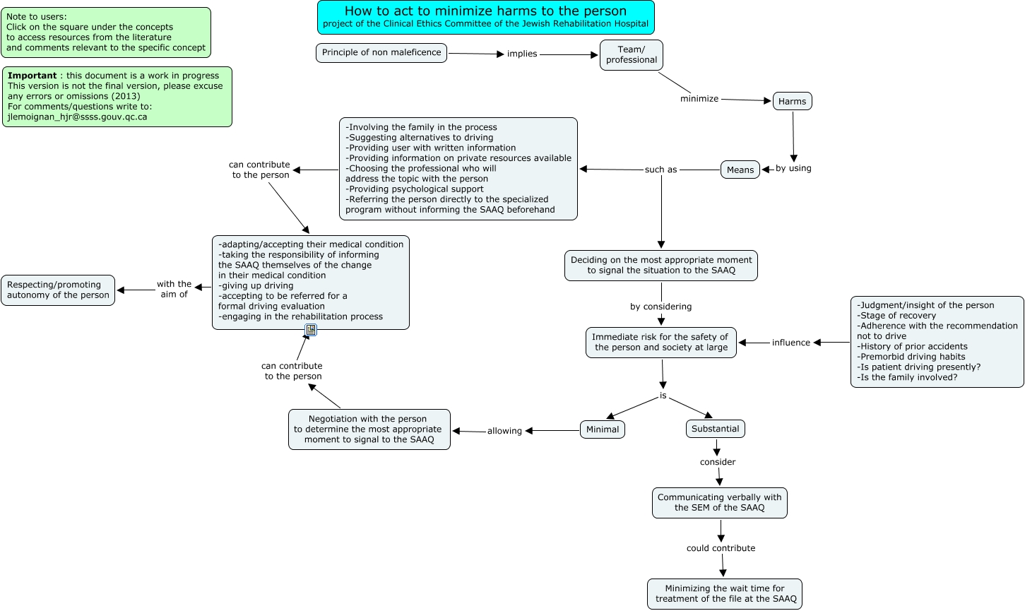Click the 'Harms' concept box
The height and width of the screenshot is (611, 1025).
pyautogui.click(x=792, y=101)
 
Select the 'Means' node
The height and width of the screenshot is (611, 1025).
pyautogui.click(x=740, y=170)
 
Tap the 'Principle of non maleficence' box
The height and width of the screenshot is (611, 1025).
pyautogui.click(x=381, y=53)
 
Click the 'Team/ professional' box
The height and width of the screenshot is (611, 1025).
pyautogui.click(x=631, y=55)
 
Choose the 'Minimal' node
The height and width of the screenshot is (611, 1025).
pyautogui.click(x=603, y=429)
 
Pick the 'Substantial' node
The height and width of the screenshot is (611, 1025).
pyautogui.click(x=715, y=429)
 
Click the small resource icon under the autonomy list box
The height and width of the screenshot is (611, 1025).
pyautogui.click(x=311, y=330)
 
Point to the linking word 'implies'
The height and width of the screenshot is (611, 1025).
pyautogui.click(x=522, y=54)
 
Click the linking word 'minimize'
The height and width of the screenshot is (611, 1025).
pyautogui.click(x=699, y=99)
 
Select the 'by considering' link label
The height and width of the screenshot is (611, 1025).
pyautogui.click(x=661, y=307)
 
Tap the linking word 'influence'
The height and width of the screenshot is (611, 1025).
pyautogui.click(x=790, y=343)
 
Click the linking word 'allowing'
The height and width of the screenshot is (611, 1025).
pyautogui.click(x=504, y=431)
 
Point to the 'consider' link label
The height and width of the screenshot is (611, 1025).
pyautogui.click(x=718, y=462)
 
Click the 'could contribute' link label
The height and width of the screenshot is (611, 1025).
pyautogui.click(x=721, y=548)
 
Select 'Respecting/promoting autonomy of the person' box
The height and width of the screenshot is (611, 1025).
pyautogui.click(x=58, y=290)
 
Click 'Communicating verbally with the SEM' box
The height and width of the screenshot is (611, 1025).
pyautogui.click(x=719, y=502)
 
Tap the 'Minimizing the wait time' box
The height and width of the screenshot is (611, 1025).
pyautogui.click(x=725, y=593)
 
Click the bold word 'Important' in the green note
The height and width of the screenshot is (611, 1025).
pyautogui.click(x=32, y=76)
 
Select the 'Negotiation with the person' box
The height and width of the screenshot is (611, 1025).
pyautogui.click(x=369, y=429)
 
